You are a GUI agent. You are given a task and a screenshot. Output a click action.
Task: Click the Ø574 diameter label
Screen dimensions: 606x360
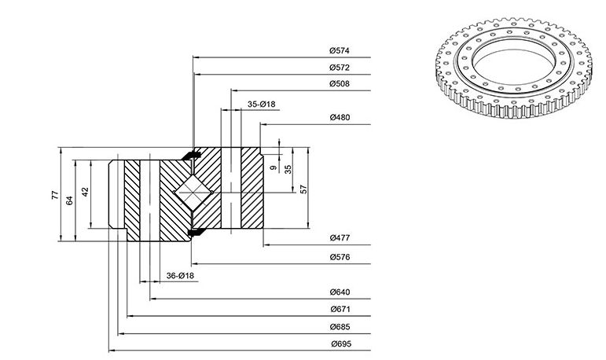[340, 50]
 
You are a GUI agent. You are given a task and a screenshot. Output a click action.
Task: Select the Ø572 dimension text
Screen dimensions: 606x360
[340, 68]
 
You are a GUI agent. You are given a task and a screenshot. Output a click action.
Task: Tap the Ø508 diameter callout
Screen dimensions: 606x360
[340, 83]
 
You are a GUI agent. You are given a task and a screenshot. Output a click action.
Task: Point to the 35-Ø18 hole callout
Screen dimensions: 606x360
[261, 104]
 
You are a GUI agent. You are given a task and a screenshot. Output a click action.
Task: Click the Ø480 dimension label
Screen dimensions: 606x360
[340, 117]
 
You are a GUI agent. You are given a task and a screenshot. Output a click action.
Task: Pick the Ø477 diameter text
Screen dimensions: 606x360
[340, 238]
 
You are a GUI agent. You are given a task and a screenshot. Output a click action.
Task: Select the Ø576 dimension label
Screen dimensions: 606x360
[340, 257]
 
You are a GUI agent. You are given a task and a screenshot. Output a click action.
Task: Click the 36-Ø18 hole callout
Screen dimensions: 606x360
[180, 276]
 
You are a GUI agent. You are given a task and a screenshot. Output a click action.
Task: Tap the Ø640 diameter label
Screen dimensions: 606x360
[340, 292]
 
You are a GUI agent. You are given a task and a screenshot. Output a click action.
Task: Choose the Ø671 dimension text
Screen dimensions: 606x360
[340, 309]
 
